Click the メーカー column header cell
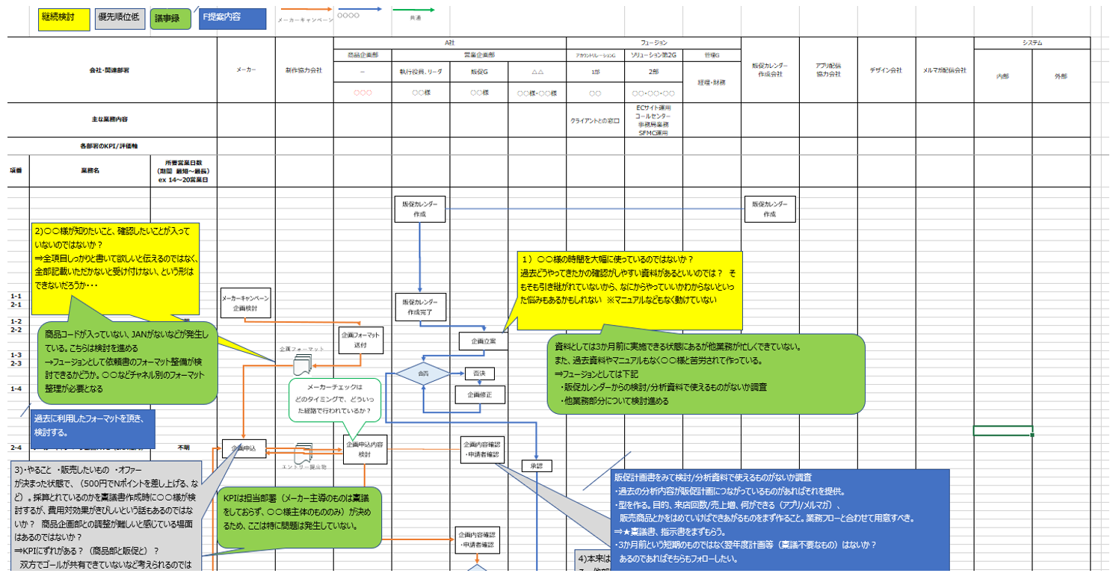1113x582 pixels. coord(246,69)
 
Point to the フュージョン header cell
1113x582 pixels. coord(654,43)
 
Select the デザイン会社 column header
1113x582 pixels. coord(887,69)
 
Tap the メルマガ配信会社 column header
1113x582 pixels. coord(945,69)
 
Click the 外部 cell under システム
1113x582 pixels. coord(1061,76)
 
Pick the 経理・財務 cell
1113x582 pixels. coord(712,82)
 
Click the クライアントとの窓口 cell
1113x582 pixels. coord(595,120)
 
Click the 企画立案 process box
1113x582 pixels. coord(482,341)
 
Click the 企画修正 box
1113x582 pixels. coord(481,395)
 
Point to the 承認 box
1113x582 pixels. coord(537,465)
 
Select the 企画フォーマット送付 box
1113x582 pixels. coord(361,340)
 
